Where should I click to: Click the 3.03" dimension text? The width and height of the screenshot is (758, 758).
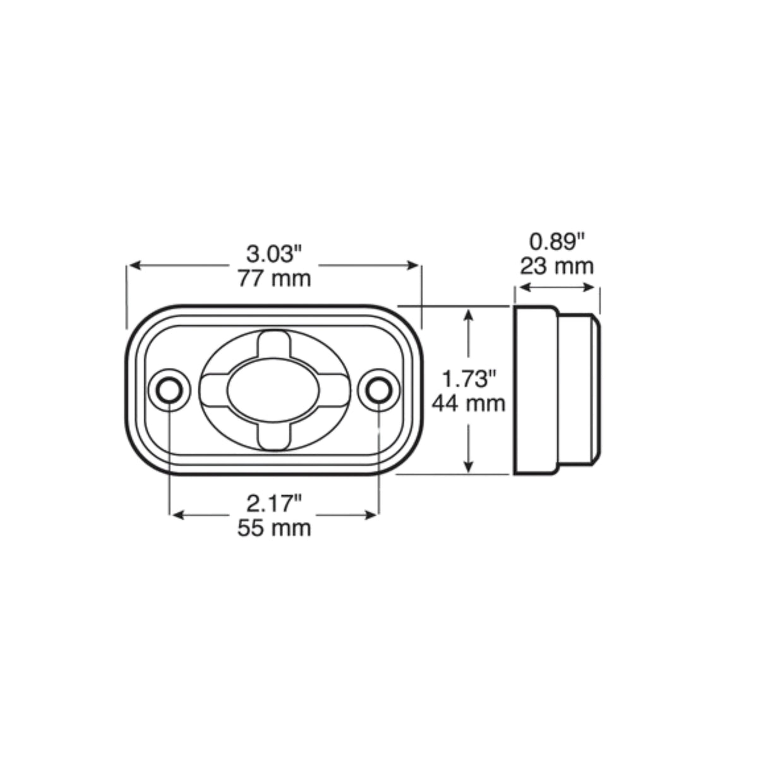tap(274, 254)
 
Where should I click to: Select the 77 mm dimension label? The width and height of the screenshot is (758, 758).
tap(274, 279)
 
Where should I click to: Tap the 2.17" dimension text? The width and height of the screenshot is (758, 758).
tap(274, 503)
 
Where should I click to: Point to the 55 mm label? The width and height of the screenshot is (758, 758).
tap(274, 528)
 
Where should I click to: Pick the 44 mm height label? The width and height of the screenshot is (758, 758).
tap(469, 404)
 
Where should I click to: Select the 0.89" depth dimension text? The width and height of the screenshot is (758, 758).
tap(557, 241)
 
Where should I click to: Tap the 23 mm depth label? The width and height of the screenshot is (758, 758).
tap(557, 267)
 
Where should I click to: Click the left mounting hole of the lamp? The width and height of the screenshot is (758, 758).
tap(169, 390)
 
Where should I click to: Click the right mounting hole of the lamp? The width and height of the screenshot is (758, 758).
tap(379, 390)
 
